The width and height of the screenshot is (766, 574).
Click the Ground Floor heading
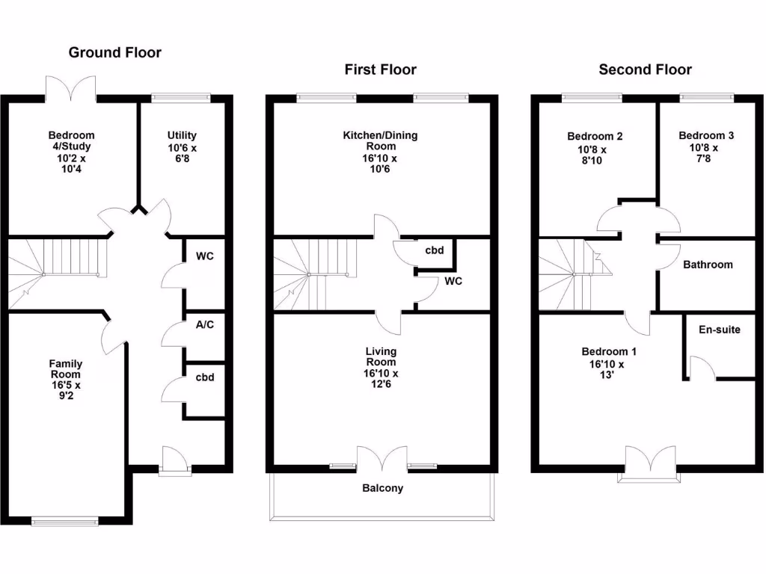(114, 52)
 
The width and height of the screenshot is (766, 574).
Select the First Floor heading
(380, 70)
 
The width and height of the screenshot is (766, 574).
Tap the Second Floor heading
(645, 70)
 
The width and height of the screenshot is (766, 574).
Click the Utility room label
(182, 135)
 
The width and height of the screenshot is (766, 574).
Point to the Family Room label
(66, 369)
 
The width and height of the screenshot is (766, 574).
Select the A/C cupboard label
(205, 325)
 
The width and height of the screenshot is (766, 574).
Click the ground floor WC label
(205, 256)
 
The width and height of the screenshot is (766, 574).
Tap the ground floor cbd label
(205, 377)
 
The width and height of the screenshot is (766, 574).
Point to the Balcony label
(382, 488)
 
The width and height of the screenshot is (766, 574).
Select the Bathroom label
(708, 265)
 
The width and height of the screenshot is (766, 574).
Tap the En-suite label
(719, 329)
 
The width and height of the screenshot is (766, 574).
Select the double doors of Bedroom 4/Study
(71, 87)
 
